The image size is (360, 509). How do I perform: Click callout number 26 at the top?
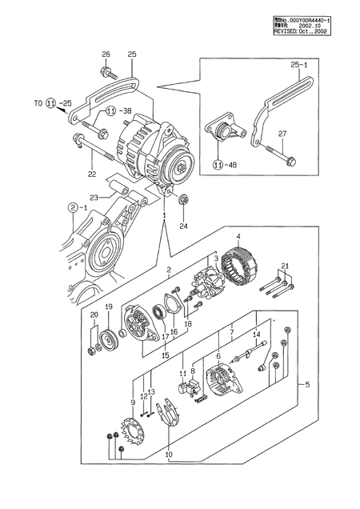click(105, 54)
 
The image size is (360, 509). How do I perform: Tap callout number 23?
click(94, 197)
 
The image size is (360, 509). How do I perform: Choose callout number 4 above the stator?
click(238, 235)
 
